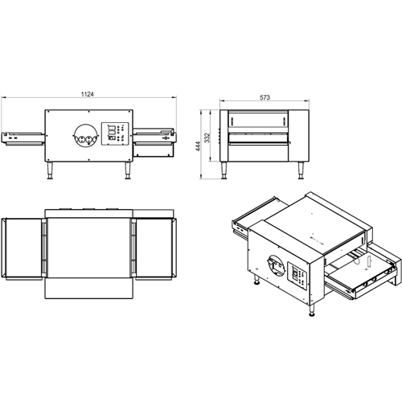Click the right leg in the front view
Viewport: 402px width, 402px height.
pyautogui.click(x=127, y=172)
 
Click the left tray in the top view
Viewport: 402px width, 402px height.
pyautogui.click(x=22, y=248)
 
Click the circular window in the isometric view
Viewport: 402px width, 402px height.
pyautogui.click(x=271, y=265)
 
